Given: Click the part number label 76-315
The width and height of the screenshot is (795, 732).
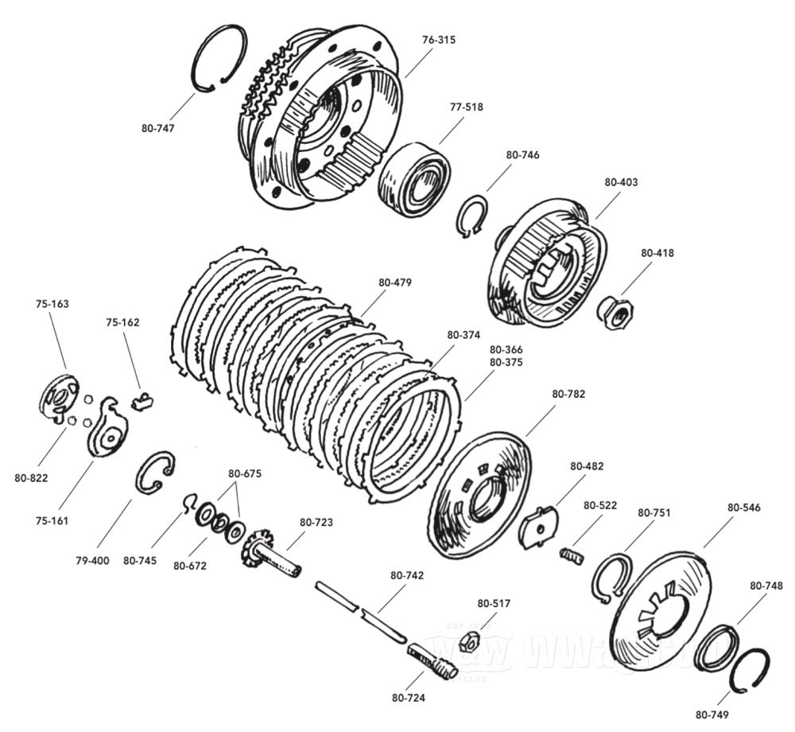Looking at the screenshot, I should click(x=439, y=39).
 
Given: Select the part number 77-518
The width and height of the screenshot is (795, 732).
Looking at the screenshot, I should click(x=466, y=107).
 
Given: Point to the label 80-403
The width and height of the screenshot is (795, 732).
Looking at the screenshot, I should click(x=621, y=182).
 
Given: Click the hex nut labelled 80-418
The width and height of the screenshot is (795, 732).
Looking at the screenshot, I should click(x=614, y=313).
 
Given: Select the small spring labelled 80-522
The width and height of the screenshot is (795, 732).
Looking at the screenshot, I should click(x=572, y=555).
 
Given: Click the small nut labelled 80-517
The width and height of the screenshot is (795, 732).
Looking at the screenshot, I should click(x=470, y=638).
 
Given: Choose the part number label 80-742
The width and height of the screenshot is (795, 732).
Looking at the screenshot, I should click(x=406, y=574).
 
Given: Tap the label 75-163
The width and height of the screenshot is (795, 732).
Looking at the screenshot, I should click(x=52, y=303).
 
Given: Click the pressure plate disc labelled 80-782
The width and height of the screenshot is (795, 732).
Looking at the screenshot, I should click(x=479, y=493).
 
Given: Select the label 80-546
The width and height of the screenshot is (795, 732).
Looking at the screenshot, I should click(x=743, y=507).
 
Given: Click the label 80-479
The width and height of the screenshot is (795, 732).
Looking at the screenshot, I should click(x=395, y=282).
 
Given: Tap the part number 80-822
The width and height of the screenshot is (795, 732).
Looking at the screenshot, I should click(x=31, y=477).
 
